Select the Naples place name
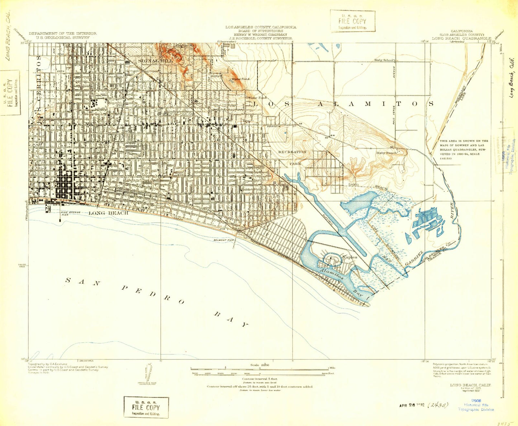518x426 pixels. (350, 257)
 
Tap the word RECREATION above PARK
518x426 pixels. (292, 152)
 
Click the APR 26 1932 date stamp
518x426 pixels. (412, 405)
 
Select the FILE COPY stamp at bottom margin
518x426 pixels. (146, 407)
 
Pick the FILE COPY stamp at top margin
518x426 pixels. (352, 21)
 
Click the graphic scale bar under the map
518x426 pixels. (260, 369)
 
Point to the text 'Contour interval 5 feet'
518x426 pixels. (260, 379)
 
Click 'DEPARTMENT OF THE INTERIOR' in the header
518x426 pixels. (63, 33)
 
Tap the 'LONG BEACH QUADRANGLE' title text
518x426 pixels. (461, 38)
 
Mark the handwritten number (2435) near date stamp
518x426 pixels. (438, 405)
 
